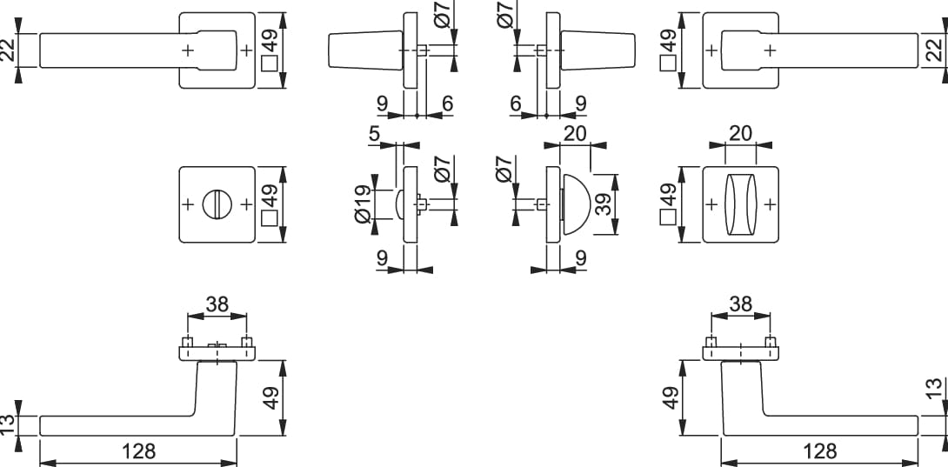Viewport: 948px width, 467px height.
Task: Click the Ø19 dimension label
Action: (x=362, y=205)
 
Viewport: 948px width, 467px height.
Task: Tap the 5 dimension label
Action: (x=375, y=134)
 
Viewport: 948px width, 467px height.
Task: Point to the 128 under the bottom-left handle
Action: (x=137, y=450)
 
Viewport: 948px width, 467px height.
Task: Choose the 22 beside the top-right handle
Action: (x=935, y=50)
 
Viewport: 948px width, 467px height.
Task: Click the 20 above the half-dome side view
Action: (x=575, y=133)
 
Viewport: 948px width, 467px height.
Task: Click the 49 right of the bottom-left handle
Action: (x=270, y=398)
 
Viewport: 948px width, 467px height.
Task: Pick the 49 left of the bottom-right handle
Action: (x=670, y=398)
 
